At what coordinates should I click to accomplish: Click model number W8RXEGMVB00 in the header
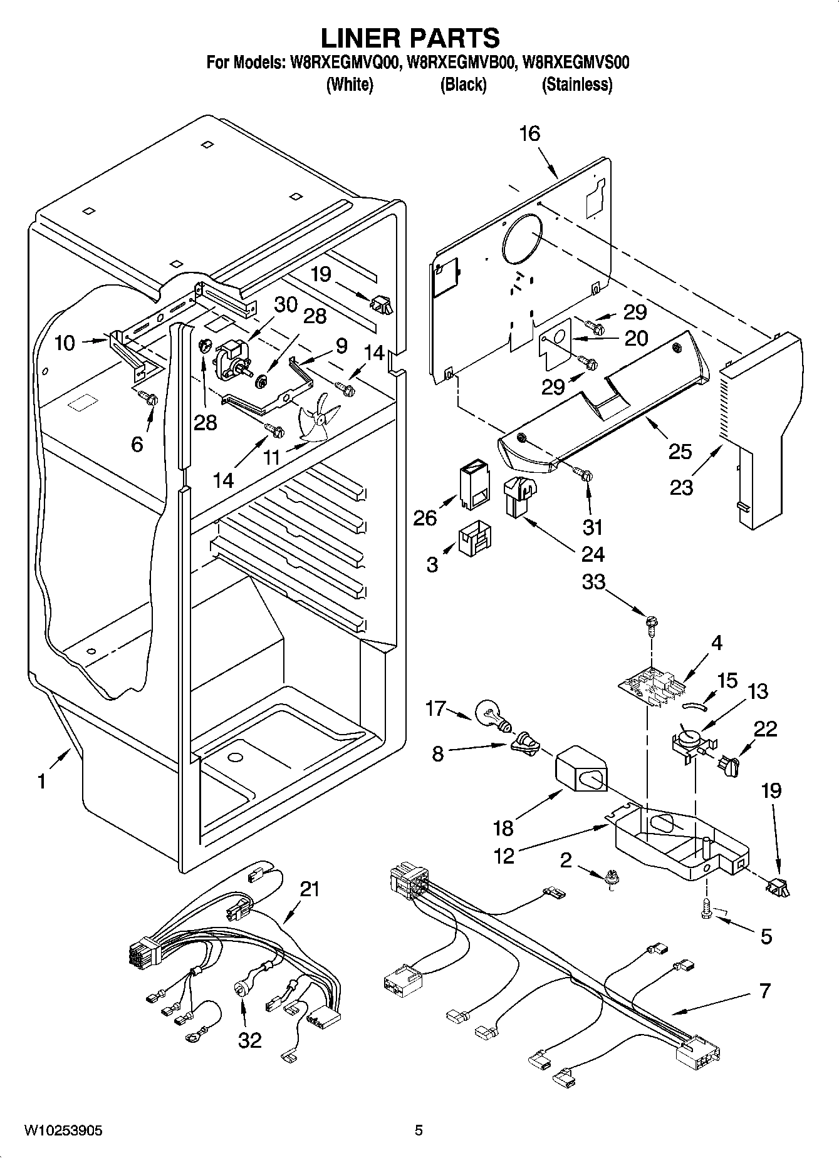pyautogui.click(x=463, y=63)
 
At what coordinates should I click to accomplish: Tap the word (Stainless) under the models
pyautogui.click(x=576, y=85)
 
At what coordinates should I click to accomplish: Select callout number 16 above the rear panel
pyautogui.click(x=529, y=133)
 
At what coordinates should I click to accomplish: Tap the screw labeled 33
pyautogui.click(x=652, y=623)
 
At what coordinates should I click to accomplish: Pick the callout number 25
pyautogui.click(x=680, y=451)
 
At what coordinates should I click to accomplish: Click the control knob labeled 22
pyautogui.click(x=730, y=765)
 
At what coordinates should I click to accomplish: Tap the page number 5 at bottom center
pyautogui.click(x=419, y=1130)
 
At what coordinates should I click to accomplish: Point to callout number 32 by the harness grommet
pyautogui.click(x=249, y=1040)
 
